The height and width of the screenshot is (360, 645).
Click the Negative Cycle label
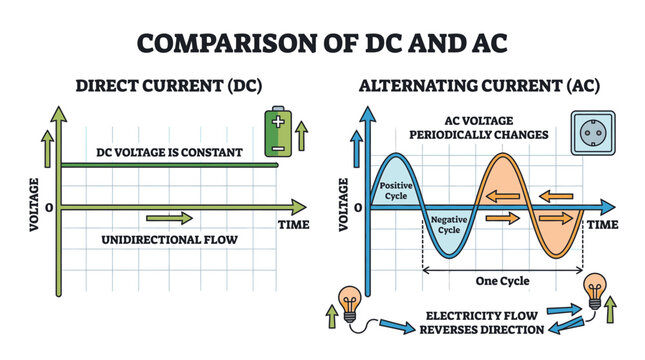447,224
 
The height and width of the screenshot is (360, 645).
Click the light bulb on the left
350,301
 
